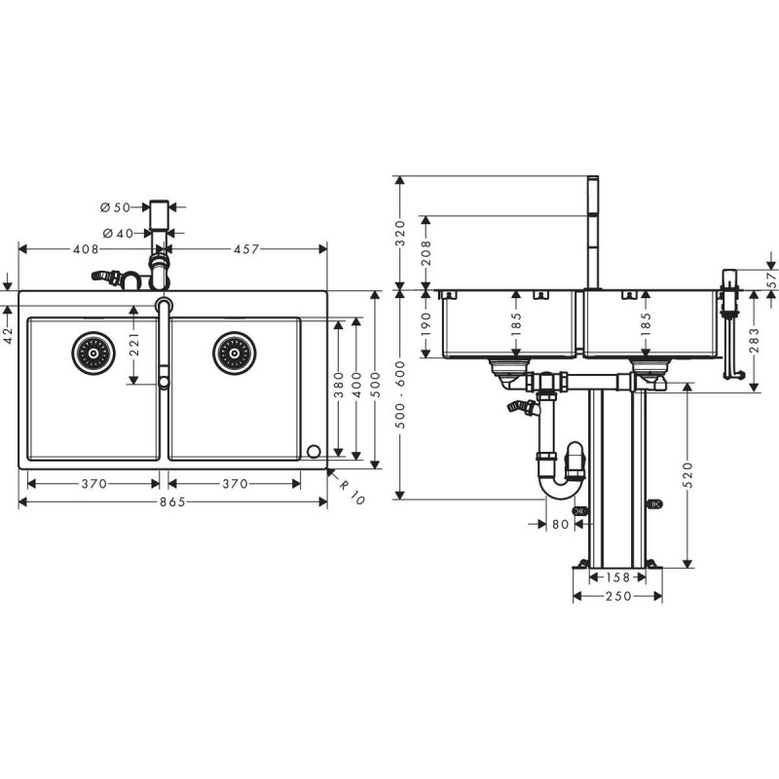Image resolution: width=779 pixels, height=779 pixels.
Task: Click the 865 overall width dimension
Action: pyautogui.click(x=172, y=502)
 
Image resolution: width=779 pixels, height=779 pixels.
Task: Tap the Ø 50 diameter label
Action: pyautogui.click(x=115, y=207)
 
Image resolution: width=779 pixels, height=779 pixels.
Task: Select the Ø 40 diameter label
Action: pyautogui.click(x=118, y=233)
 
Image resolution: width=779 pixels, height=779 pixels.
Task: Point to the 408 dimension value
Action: pyautogui.click(x=86, y=249)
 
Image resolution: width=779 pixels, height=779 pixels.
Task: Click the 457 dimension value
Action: pyautogui.click(x=246, y=249)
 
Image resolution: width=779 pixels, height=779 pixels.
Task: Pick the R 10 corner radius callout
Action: pyautogui.click(x=352, y=491)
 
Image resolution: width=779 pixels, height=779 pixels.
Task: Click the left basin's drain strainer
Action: pyautogui.click(x=93, y=353)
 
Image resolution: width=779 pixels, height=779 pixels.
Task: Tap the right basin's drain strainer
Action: pyautogui.click(x=235, y=353)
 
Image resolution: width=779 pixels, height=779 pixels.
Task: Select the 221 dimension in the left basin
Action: pyautogui.click(x=134, y=345)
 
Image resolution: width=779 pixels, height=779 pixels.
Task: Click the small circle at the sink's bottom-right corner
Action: pyautogui.click(x=314, y=452)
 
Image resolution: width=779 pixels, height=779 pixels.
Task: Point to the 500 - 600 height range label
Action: pyautogui.click(x=401, y=395)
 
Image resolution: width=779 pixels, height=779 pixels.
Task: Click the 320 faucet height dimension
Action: pyautogui.click(x=401, y=233)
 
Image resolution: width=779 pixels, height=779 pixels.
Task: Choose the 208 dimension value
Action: pyautogui.click(x=427, y=252)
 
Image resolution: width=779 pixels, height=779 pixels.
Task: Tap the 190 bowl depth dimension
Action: pyautogui.click(x=427, y=324)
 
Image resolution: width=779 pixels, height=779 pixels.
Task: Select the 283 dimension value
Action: pyautogui.click(x=755, y=340)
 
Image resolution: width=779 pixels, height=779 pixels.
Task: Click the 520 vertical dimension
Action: pyautogui.click(x=688, y=475)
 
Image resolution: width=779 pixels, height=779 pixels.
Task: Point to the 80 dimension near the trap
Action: pyautogui.click(x=561, y=524)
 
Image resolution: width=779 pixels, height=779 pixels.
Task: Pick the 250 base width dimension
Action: pyautogui.click(x=618, y=596)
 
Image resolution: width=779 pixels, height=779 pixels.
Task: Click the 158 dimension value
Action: pyautogui.click(x=618, y=577)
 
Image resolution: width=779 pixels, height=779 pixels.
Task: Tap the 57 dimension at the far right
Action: pyautogui.click(x=771, y=280)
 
